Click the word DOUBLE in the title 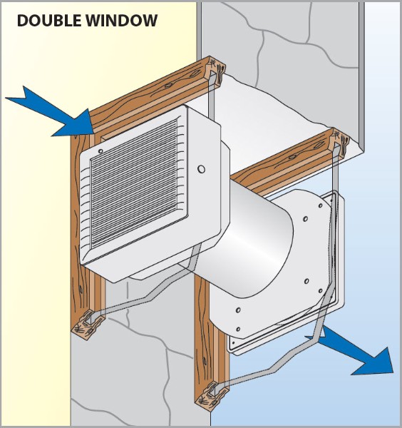(x=49, y=21)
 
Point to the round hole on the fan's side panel (x=201, y=169)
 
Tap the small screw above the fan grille (x=100, y=151)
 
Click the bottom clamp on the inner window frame (x=88, y=325)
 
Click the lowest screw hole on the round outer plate (x=238, y=329)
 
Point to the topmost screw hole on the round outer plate (x=320, y=205)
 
